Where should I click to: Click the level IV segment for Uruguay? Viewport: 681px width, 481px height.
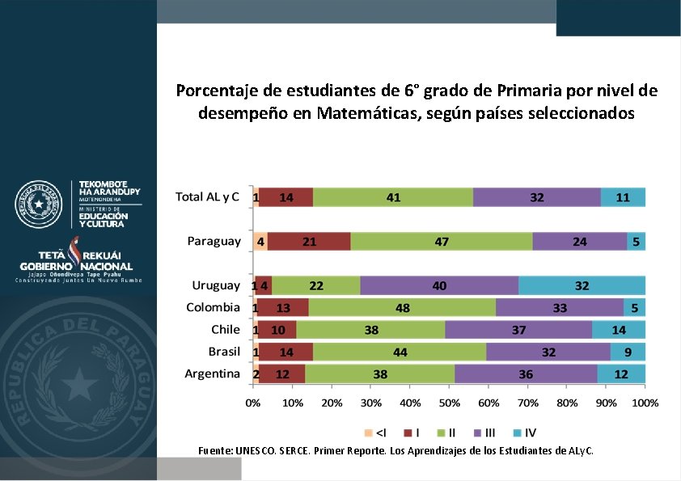[582, 285]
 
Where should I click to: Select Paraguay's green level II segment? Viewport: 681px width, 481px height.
[442, 241]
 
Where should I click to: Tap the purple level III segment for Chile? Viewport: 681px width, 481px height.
[518, 330]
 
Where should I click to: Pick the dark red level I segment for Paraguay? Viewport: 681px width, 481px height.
[309, 241]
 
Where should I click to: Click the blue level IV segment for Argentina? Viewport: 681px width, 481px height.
[621, 373]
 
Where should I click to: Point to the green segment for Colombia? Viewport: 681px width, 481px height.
[402, 307]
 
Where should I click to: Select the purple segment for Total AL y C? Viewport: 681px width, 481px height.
[536, 197]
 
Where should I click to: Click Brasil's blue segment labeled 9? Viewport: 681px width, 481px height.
[628, 352]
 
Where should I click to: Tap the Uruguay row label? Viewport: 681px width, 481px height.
[216, 285]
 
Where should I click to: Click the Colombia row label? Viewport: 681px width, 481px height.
[213, 307]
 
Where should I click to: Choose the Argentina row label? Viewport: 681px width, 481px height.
[212, 373]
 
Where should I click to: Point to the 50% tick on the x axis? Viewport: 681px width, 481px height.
[449, 402]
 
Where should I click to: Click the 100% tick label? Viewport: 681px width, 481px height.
[645, 402]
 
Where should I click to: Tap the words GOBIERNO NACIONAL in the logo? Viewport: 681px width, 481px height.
[77, 266]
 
